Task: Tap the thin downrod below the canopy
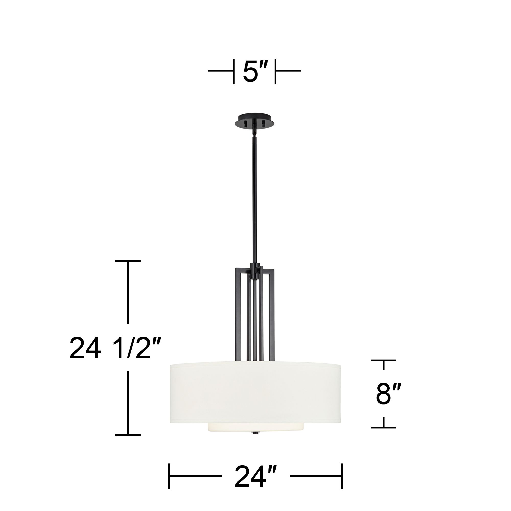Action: tap(255, 198)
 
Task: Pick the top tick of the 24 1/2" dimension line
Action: tap(128, 261)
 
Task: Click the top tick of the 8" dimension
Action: tap(383, 360)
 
